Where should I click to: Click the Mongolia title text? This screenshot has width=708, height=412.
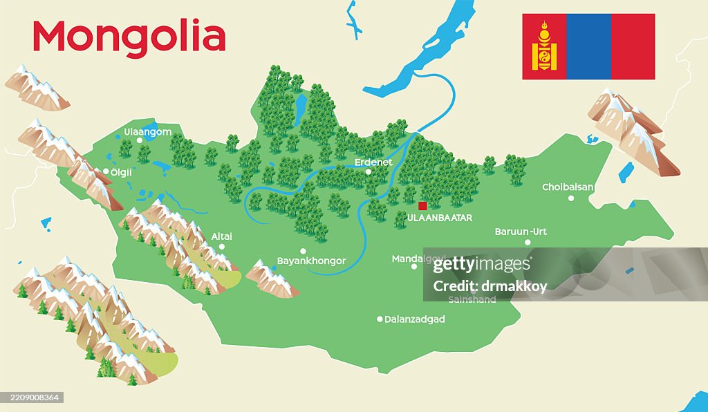[129, 37]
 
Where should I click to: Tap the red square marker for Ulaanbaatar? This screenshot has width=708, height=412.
[422, 205]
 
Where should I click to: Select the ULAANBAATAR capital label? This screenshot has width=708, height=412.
[440, 218]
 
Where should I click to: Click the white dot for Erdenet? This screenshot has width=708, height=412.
[369, 172]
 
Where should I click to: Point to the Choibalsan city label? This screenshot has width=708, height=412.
[568, 187]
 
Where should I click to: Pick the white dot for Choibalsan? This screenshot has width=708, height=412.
[571, 198]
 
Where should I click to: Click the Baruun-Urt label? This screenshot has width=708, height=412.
[521, 232]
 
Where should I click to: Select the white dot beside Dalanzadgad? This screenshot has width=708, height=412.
[380, 319]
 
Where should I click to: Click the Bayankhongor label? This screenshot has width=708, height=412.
[311, 261]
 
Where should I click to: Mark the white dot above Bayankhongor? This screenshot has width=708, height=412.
[303, 251]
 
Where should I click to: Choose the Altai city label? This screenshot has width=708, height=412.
[221, 236]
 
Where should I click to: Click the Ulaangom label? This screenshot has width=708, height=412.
[147, 131]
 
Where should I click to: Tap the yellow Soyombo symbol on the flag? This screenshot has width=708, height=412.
[544, 46]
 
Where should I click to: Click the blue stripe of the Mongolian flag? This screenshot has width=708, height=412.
[588, 46]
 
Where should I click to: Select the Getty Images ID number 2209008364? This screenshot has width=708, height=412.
[32, 397]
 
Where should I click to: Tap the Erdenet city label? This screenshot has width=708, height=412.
[373, 162]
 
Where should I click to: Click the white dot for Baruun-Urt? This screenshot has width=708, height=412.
[528, 242]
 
